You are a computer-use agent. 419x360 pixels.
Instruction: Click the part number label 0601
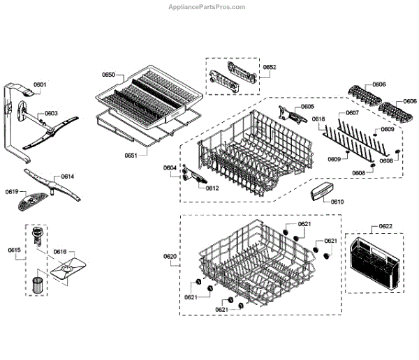pos(40,85)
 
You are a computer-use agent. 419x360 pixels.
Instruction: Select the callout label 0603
pos(52,113)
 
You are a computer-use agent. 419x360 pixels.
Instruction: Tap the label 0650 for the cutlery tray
pos(108,74)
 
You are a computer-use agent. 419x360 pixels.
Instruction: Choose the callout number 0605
pos(307,107)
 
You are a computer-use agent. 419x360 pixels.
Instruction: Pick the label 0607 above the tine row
pos(353,112)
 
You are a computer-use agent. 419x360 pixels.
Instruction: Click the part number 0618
pos(318,119)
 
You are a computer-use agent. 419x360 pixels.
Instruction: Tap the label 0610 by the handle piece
pos(337,201)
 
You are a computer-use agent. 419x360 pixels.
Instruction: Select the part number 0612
pos(212,188)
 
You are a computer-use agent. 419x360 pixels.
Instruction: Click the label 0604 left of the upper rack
pos(170,167)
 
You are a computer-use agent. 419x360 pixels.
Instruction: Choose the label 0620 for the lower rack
pos(170,257)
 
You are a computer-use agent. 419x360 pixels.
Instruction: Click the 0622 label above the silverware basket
pos(385,226)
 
